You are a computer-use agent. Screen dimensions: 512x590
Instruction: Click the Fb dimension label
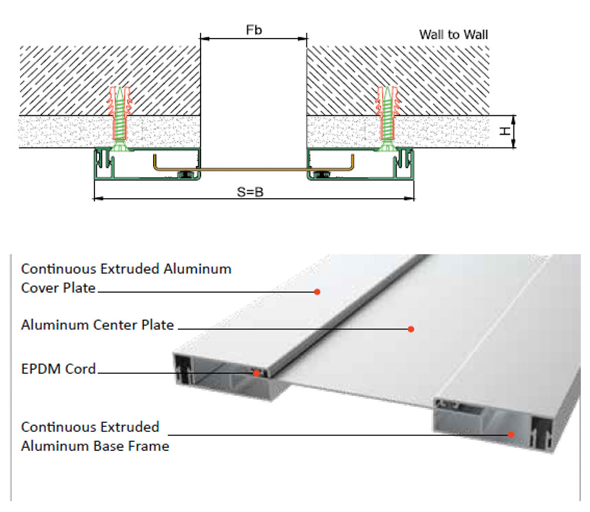254,30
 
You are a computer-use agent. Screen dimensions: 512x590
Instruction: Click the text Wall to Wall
453,35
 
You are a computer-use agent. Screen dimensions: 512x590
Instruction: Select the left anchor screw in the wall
119,118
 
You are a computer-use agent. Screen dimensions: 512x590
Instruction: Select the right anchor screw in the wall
386,118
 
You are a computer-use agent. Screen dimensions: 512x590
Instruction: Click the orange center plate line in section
254,169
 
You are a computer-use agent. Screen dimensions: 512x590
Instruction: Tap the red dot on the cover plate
317,292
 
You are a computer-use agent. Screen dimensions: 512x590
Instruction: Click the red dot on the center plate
411,329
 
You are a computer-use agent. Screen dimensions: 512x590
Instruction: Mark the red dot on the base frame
511,434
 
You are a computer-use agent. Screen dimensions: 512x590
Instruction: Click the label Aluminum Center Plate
97,325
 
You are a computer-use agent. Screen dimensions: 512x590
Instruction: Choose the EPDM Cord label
58,369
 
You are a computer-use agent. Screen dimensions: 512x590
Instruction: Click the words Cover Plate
58,288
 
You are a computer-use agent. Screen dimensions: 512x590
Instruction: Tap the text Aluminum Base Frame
95,446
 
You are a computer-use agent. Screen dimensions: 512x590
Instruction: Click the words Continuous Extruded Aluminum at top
126,269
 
